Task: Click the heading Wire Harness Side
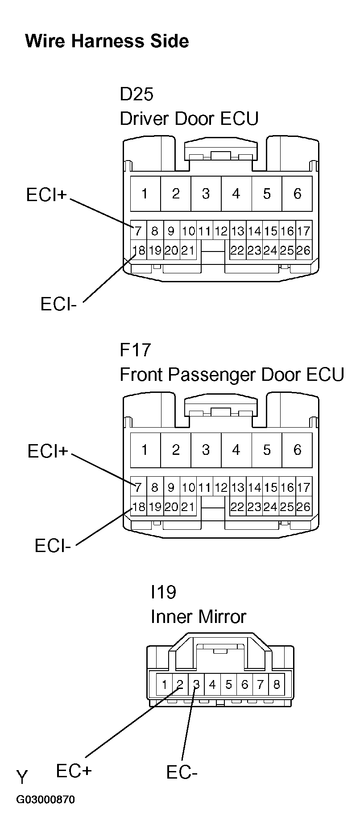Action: (107, 41)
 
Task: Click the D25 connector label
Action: (137, 94)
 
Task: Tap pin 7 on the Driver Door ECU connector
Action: (138, 231)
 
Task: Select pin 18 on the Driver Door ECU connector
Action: (139, 250)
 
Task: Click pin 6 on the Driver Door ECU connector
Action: (297, 194)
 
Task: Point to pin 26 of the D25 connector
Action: (303, 250)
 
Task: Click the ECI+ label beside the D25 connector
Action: (46, 195)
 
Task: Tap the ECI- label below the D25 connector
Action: (58, 304)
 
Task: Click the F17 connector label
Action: (136, 350)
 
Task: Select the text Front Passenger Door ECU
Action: (232, 375)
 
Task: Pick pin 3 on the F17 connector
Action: (206, 449)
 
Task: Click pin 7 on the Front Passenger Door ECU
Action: (138, 487)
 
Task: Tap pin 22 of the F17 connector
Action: (237, 507)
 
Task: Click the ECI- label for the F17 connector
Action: (53, 545)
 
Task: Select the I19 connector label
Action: (163, 592)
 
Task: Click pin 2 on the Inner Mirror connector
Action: (180, 684)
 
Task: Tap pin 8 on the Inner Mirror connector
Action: (277, 684)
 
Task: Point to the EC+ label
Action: (74, 771)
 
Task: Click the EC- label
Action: (182, 772)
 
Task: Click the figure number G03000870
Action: (46, 800)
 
